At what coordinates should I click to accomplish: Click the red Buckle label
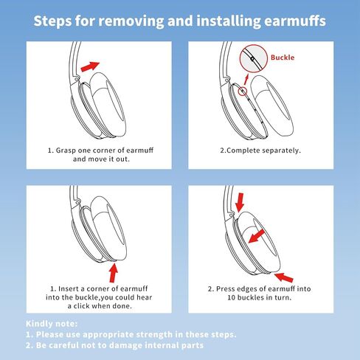pyautogui.click(x=283, y=58)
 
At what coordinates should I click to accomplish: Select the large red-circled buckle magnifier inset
pyautogui.click(x=254, y=58)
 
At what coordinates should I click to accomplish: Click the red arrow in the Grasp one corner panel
pyautogui.click(x=90, y=66)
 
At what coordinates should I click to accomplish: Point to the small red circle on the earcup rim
pyautogui.click(x=243, y=91)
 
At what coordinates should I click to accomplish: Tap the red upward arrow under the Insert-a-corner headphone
pyautogui.click(x=114, y=272)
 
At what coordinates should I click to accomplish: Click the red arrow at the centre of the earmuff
pyautogui.click(x=256, y=236)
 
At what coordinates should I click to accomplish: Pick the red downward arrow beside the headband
pyautogui.click(x=239, y=202)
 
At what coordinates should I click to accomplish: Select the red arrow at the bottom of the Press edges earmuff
pyautogui.click(x=283, y=277)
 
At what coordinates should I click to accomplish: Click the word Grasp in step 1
pyautogui.click(x=66, y=150)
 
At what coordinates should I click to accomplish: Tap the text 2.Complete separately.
pyautogui.click(x=260, y=150)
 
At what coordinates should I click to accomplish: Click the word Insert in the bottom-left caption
pyautogui.click(x=69, y=288)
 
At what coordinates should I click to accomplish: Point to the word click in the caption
pyautogui.click(x=82, y=306)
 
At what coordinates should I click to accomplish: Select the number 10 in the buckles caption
pyautogui.click(x=232, y=297)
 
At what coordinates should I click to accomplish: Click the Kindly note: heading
pyautogui.click(x=52, y=324)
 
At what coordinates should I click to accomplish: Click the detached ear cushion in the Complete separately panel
pyautogui.click(x=271, y=105)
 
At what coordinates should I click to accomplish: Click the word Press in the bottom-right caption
pyautogui.click(x=225, y=288)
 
